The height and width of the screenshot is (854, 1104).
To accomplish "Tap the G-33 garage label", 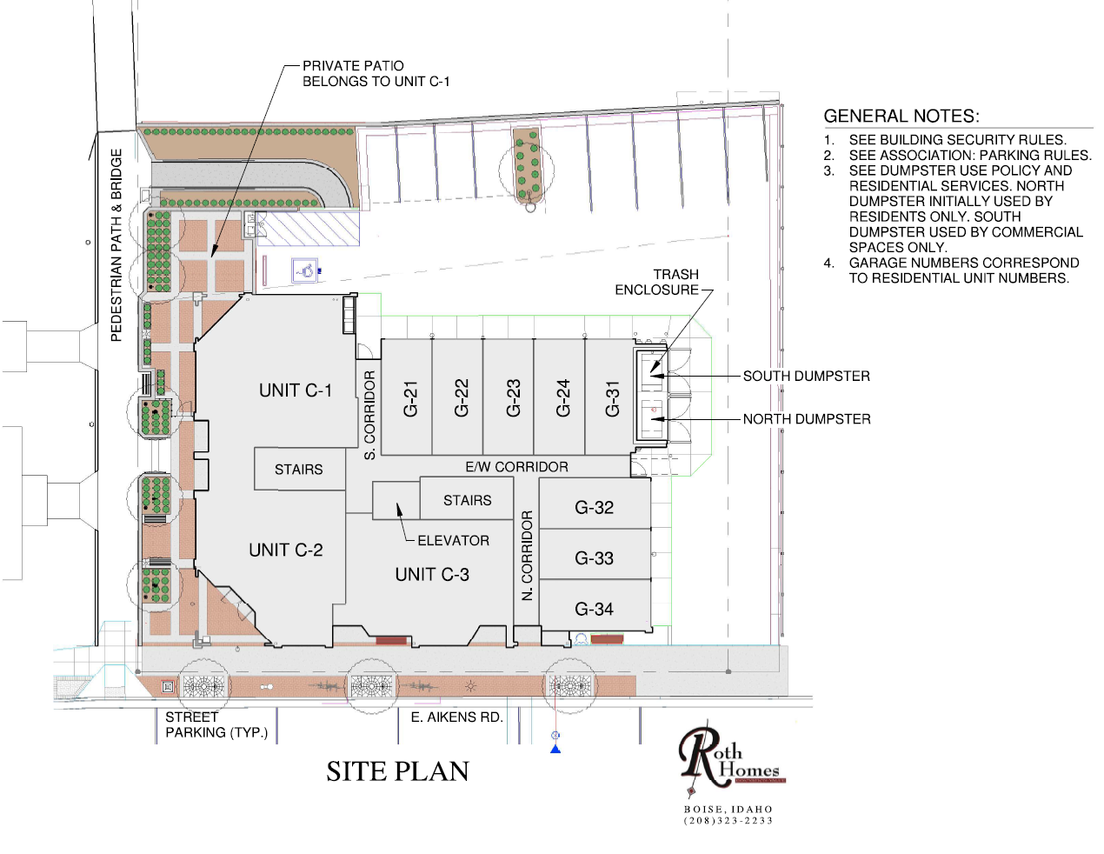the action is pyautogui.click(x=594, y=557).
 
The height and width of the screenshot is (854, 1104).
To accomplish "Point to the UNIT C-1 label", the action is pyautogui.click(x=296, y=390).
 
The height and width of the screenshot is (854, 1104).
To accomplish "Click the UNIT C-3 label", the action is pyautogui.click(x=432, y=574).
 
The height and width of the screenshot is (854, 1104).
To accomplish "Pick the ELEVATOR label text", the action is pyautogui.click(x=453, y=540).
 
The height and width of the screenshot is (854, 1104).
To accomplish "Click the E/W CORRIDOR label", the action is pyautogui.click(x=516, y=466).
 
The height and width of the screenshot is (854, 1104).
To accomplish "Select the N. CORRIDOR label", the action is pyautogui.click(x=527, y=556).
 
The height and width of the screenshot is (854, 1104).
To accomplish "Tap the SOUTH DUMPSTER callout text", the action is pyautogui.click(x=807, y=376).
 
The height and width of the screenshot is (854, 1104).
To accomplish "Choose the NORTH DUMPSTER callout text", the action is pyautogui.click(x=807, y=418).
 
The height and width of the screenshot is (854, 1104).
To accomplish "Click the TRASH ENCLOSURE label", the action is pyautogui.click(x=657, y=282).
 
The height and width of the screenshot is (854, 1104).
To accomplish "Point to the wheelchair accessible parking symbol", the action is pyautogui.click(x=304, y=270).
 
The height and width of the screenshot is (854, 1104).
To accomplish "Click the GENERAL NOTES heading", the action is pyautogui.click(x=901, y=116).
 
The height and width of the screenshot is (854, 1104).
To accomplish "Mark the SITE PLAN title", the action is pyautogui.click(x=397, y=771).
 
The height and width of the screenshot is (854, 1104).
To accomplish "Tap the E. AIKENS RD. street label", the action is pyautogui.click(x=456, y=717).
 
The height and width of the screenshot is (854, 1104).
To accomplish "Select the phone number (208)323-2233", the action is pyautogui.click(x=728, y=820).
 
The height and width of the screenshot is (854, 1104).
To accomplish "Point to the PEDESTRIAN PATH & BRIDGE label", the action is pyautogui.click(x=116, y=245).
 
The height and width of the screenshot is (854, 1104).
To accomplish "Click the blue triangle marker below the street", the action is pyautogui.click(x=555, y=749).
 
